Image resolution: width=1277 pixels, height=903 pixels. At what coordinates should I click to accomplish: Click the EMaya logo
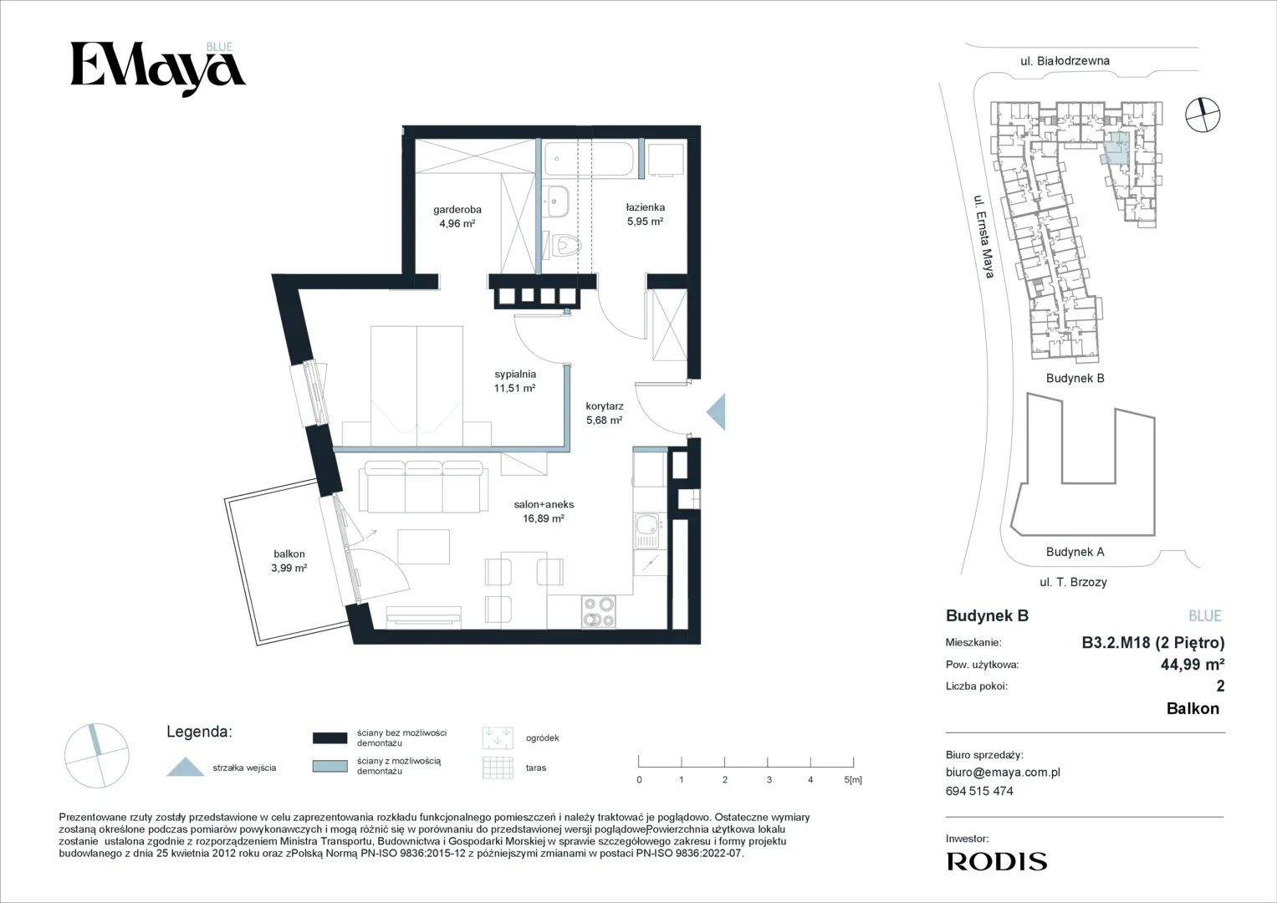pyautogui.click(x=158, y=69)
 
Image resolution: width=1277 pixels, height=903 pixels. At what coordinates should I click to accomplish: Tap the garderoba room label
pyautogui.click(x=457, y=209)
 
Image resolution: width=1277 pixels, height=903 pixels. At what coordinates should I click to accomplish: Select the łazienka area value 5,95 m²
pyautogui.click(x=645, y=222)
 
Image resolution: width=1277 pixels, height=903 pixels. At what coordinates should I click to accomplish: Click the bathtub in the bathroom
pyautogui.click(x=589, y=159)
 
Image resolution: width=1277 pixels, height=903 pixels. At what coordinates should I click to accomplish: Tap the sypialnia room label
pyautogui.click(x=515, y=374)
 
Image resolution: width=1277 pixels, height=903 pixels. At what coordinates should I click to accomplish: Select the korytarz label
pyautogui.click(x=605, y=406)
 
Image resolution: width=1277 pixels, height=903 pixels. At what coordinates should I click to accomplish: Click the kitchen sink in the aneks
pyautogui.click(x=647, y=530)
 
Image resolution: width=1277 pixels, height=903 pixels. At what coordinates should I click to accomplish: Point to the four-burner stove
pyautogui.click(x=599, y=612)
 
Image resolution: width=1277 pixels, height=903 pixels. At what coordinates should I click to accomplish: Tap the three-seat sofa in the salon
pyautogui.click(x=424, y=487)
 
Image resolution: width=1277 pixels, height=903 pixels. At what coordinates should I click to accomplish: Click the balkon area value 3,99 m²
pyautogui.click(x=289, y=568)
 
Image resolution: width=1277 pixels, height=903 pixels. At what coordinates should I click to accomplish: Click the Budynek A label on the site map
pyautogui.click(x=1075, y=552)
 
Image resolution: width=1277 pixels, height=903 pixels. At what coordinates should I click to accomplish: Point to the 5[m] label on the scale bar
pyautogui.click(x=853, y=780)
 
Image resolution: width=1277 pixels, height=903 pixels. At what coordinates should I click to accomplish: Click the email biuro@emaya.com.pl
pyautogui.click(x=1003, y=773)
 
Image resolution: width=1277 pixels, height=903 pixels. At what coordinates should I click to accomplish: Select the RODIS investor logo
pyautogui.click(x=997, y=861)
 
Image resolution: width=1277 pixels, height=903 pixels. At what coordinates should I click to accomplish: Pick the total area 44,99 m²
pyautogui.click(x=1193, y=664)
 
